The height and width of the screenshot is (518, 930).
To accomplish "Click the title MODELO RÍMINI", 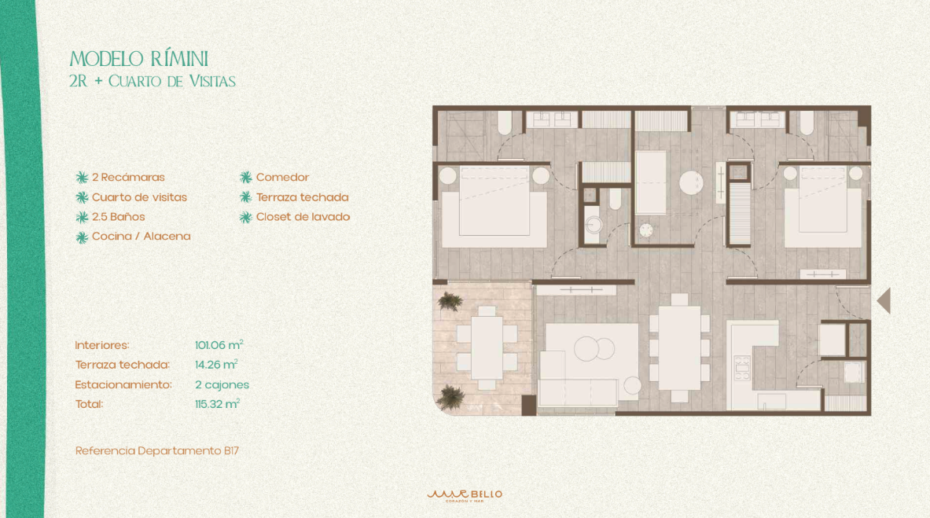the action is (139, 59).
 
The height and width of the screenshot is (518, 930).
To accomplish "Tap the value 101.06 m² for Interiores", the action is (219, 345).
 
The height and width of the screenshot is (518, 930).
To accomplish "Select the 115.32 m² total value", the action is (217, 404).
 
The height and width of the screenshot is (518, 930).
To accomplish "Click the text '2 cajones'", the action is (222, 384).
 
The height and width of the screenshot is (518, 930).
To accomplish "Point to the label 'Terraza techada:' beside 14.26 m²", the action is (122, 365).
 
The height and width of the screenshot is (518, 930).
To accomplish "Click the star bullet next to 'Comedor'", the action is (245, 178).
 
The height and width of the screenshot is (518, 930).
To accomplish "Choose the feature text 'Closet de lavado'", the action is (303, 217).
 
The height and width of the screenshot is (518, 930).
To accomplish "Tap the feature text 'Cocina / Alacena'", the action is (142, 236).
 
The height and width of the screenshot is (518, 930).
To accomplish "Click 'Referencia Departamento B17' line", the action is (157, 451).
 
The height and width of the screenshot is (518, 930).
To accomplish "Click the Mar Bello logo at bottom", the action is (465, 495).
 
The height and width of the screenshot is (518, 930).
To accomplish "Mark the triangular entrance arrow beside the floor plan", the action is (884, 301).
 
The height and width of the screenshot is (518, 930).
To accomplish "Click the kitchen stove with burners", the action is (742, 368).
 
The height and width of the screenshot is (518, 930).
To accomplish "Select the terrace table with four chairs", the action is (487, 347).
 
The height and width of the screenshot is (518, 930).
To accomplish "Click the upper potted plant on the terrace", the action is (450, 301).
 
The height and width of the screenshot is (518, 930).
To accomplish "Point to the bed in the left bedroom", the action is (494, 207).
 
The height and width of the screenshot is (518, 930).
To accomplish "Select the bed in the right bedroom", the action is (822, 207).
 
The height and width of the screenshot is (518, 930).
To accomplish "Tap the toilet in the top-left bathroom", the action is (505, 123).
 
